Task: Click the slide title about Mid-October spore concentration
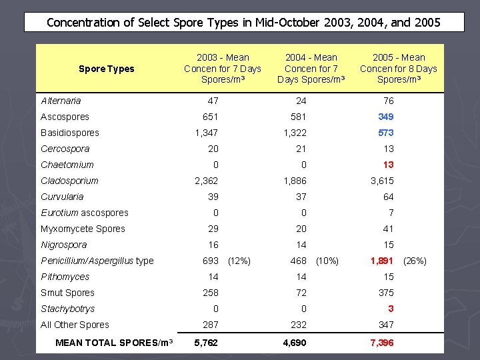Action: pos(243,22)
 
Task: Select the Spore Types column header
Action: pos(106,69)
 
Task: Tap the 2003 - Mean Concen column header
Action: pos(222,69)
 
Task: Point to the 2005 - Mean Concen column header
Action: pos(398,69)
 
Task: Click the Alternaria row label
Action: pos(61,101)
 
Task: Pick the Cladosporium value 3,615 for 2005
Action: pos(382,181)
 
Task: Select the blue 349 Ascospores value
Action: pos(385,117)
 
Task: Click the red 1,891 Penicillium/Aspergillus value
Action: pos(382,261)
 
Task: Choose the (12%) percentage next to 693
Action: pos(239,261)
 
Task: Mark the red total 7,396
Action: pos(382,343)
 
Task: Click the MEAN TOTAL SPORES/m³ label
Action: pos(114,343)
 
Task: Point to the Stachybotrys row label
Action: pos(67,309)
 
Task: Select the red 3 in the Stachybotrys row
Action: pos(391,309)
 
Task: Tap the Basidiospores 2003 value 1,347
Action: pos(206,133)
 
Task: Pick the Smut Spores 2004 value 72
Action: pos(301,293)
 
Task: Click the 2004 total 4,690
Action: pos(295,343)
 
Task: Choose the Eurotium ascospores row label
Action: pos(84,213)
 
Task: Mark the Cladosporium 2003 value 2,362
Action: pos(206,181)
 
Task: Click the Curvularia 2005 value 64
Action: pos(388,197)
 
